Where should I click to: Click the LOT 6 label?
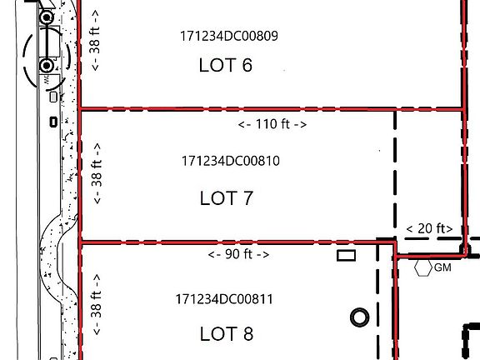(225, 65)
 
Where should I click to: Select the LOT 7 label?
(226, 198)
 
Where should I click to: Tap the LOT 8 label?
(226, 333)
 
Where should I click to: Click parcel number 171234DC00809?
(228, 37)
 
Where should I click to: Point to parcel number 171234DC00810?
(229, 161)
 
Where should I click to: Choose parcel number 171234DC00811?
(224, 298)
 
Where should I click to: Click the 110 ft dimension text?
(272, 124)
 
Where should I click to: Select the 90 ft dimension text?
(238, 254)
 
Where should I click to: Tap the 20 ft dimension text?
(429, 228)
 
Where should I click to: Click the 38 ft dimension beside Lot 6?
(97, 40)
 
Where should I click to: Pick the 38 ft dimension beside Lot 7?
(97, 173)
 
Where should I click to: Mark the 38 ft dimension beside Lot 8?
(97, 305)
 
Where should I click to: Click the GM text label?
(442, 267)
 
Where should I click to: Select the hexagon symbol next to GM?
(422, 267)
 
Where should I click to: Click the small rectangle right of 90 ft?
(346, 255)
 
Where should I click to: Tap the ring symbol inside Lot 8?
(360, 317)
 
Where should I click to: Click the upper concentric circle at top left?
(47, 17)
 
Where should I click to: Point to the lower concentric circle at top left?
(47, 64)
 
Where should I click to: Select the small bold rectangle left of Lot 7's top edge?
(53, 122)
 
